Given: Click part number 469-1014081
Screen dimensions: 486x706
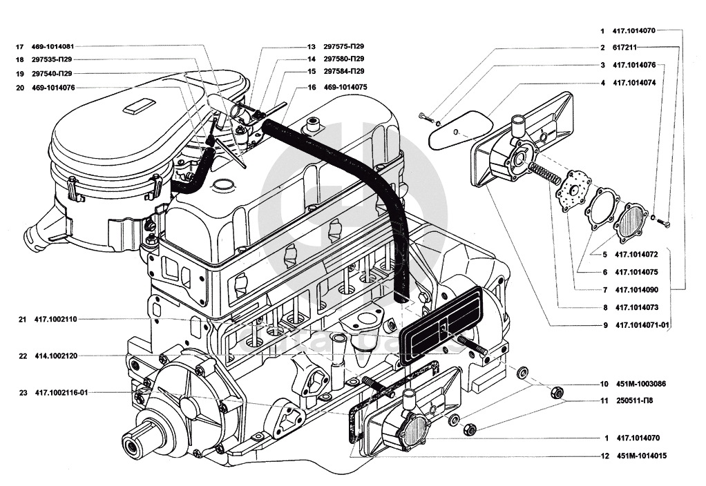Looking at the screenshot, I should pyautogui.click(x=53, y=46).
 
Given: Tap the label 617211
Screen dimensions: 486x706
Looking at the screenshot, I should pyautogui.click(x=624, y=48).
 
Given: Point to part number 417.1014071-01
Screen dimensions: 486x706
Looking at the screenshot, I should pyautogui.click(x=642, y=324).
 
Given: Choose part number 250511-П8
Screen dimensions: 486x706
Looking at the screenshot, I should pyautogui.click(x=636, y=400).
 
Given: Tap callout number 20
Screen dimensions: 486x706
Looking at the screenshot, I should pyautogui.click(x=19, y=88).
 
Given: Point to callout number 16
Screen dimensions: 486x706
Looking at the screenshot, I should pyautogui.click(x=312, y=88).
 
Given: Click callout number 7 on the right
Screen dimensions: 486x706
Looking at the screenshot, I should pyautogui.click(x=604, y=290).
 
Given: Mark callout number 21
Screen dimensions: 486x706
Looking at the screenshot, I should pyautogui.click(x=22, y=320).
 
